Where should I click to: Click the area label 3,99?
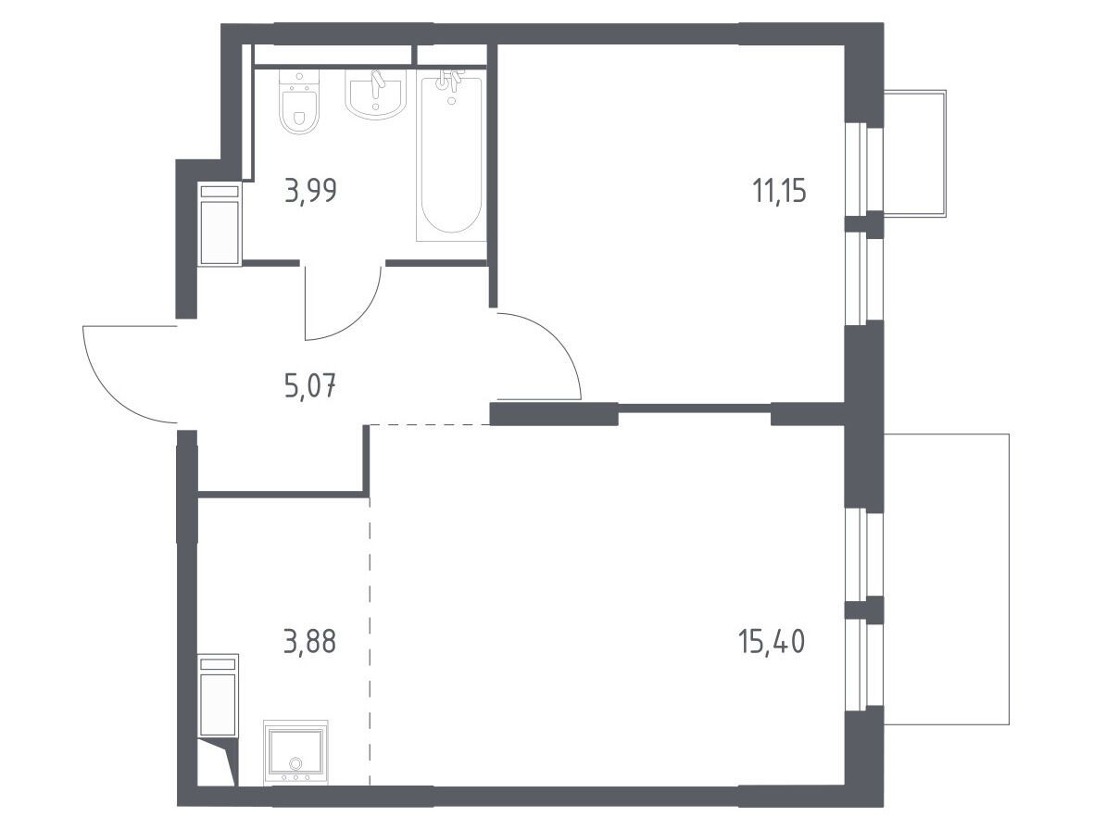pyautogui.click(x=311, y=190)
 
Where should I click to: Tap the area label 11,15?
pyautogui.click(x=779, y=190)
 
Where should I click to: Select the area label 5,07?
pyautogui.click(x=311, y=384)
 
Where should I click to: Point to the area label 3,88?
pyautogui.click(x=310, y=642)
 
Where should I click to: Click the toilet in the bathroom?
pyautogui.click(x=299, y=102)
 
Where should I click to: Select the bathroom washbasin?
pyautogui.click(x=375, y=94)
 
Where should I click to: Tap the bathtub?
pyautogui.click(x=450, y=158)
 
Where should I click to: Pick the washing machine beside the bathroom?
pyautogui.click(x=220, y=223)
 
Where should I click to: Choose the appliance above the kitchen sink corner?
pyautogui.click(x=219, y=696)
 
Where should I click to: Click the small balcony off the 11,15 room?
pyautogui.click(x=914, y=154)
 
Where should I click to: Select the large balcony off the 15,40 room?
pyautogui.click(x=947, y=578)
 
